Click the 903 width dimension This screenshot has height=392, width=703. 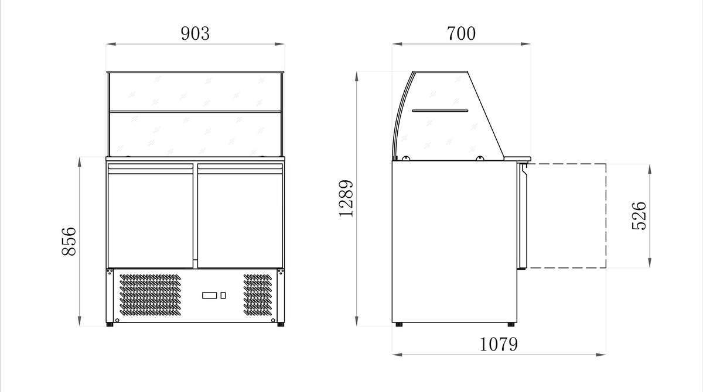click(195, 33)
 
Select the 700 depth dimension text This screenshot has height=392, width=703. click(461, 33)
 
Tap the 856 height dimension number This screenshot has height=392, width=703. click(69, 241)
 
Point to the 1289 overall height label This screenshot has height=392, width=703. click(346, 198)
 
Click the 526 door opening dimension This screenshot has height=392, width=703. click(639, 216)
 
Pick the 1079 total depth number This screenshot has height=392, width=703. click(499, 344)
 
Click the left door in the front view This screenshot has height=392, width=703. click(151, 215)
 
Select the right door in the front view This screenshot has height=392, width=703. click(240, 215)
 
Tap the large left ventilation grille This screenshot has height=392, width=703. click(151, 295)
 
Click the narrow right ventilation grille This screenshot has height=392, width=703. click(258, 295)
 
